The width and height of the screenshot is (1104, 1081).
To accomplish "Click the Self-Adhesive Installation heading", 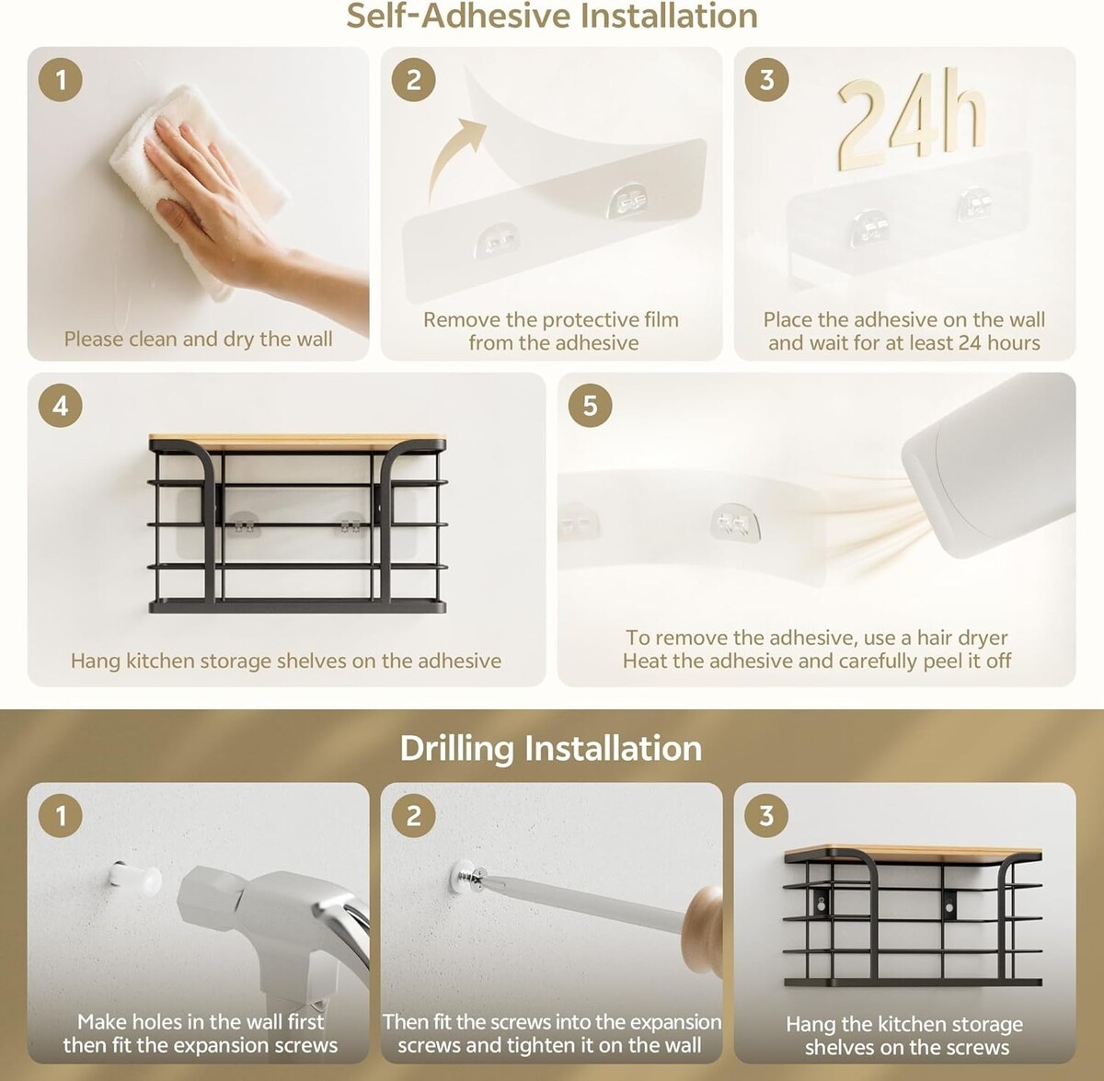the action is coord(552,16).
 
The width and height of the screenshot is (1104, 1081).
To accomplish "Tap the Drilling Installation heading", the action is coord(551,748).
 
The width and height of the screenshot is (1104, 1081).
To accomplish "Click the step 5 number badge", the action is coord(590,406).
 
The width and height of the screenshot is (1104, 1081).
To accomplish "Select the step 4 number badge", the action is coord(60,406).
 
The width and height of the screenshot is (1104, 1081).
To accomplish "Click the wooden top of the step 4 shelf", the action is coord(297,443).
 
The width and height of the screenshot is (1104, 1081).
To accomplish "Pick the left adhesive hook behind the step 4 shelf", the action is coord(243,526).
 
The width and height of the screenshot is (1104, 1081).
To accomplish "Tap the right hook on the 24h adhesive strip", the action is coord(975,203).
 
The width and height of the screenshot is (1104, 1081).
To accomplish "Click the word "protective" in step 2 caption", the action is coord(550,320).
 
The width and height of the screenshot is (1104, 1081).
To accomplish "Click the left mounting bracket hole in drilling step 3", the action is coord(822,906).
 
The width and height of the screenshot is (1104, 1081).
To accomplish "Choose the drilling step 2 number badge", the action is coord(414,816).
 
